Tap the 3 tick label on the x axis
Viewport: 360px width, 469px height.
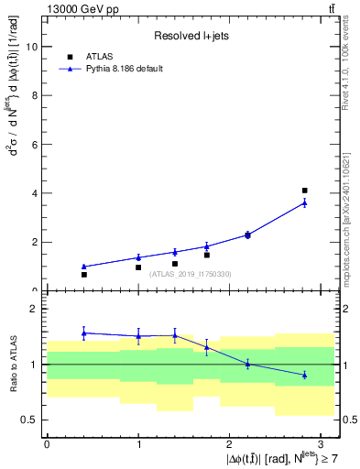click(x=322, y=442)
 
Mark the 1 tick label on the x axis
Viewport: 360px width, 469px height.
click(x=138, y=442)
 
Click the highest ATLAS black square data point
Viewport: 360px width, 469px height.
click(x=304, y=191)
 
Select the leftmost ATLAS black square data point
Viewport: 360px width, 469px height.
click(x=83, y=275)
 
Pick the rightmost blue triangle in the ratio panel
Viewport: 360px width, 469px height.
click(x=304, y=375)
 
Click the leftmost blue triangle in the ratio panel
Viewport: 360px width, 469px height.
click(x=83, y=333)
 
